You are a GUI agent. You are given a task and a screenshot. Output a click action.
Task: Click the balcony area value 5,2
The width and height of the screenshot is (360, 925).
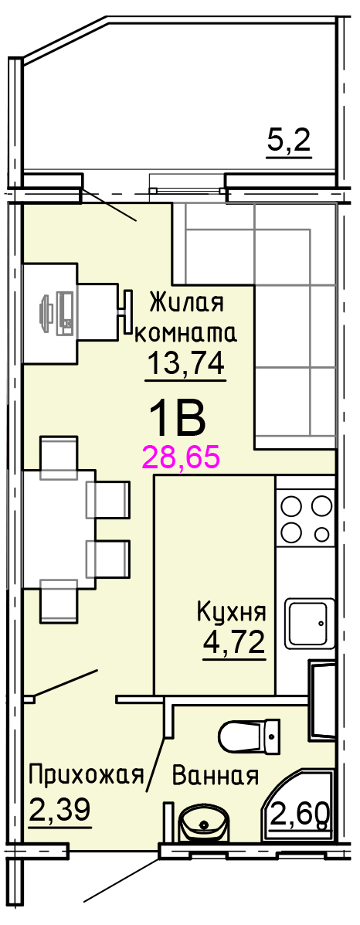point(289,141)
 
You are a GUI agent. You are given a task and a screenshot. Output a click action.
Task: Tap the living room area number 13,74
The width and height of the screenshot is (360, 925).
point(186,364)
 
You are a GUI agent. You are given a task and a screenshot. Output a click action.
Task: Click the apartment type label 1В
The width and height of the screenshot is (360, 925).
point(177,418)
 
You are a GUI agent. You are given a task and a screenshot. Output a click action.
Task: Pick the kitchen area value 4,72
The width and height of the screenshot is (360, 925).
point(234,642)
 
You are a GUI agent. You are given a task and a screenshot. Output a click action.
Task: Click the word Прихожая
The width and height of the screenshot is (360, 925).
point(87,774)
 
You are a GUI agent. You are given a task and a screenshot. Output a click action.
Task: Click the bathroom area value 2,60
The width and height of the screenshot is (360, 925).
point(299,816)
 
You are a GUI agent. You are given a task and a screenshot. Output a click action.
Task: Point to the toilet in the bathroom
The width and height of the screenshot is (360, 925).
point(249,736)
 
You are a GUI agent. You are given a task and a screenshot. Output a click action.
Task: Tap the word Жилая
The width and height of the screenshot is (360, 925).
point(187,303)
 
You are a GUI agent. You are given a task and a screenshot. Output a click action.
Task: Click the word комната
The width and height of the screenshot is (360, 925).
point(186,335)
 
